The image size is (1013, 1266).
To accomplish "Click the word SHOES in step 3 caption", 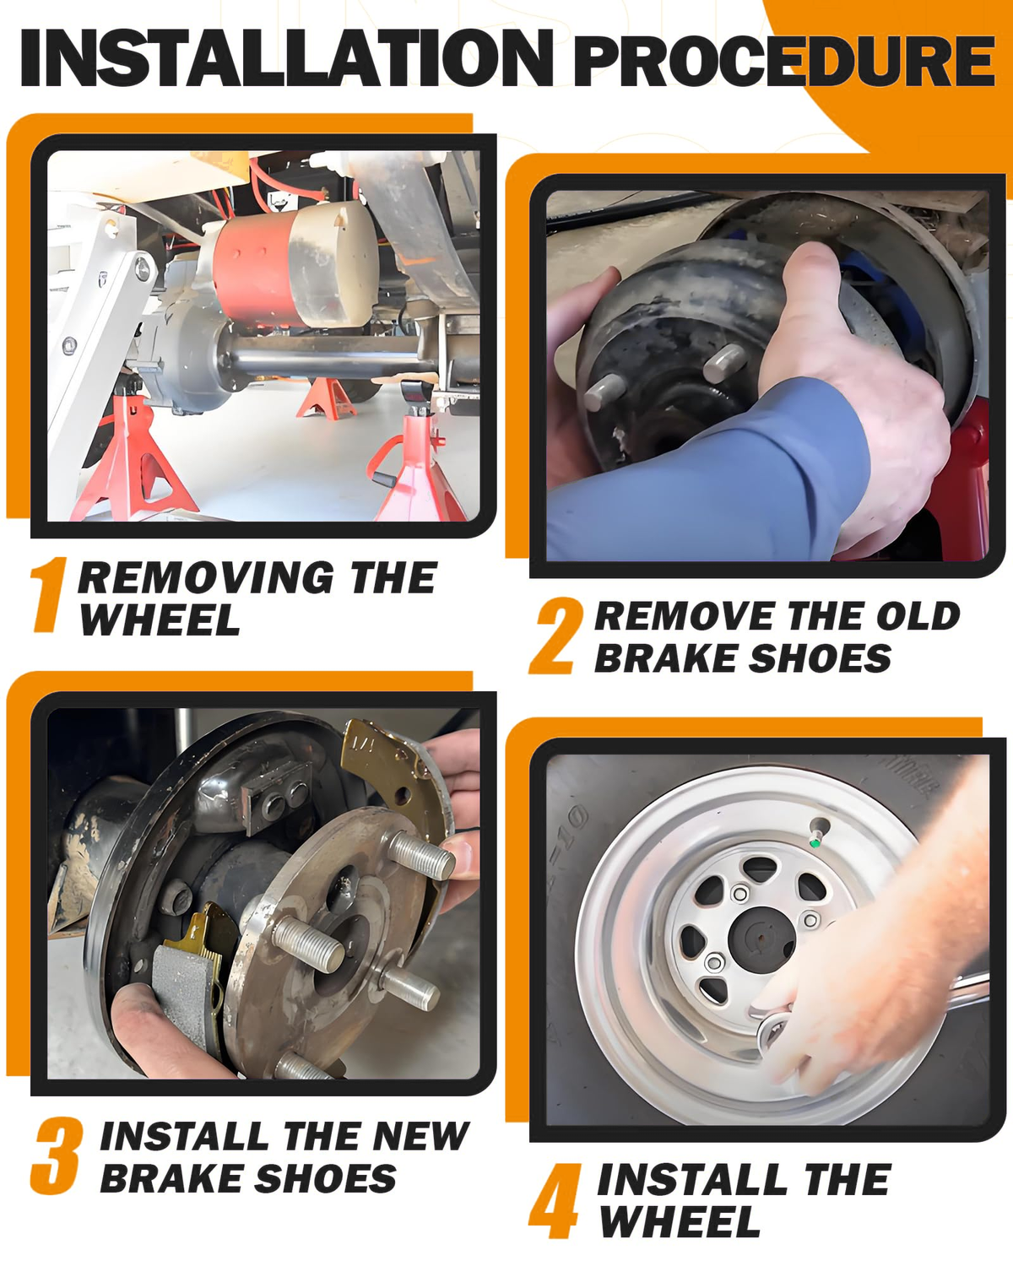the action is (326, 1178).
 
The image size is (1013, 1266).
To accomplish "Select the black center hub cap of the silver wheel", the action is (761, 939).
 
